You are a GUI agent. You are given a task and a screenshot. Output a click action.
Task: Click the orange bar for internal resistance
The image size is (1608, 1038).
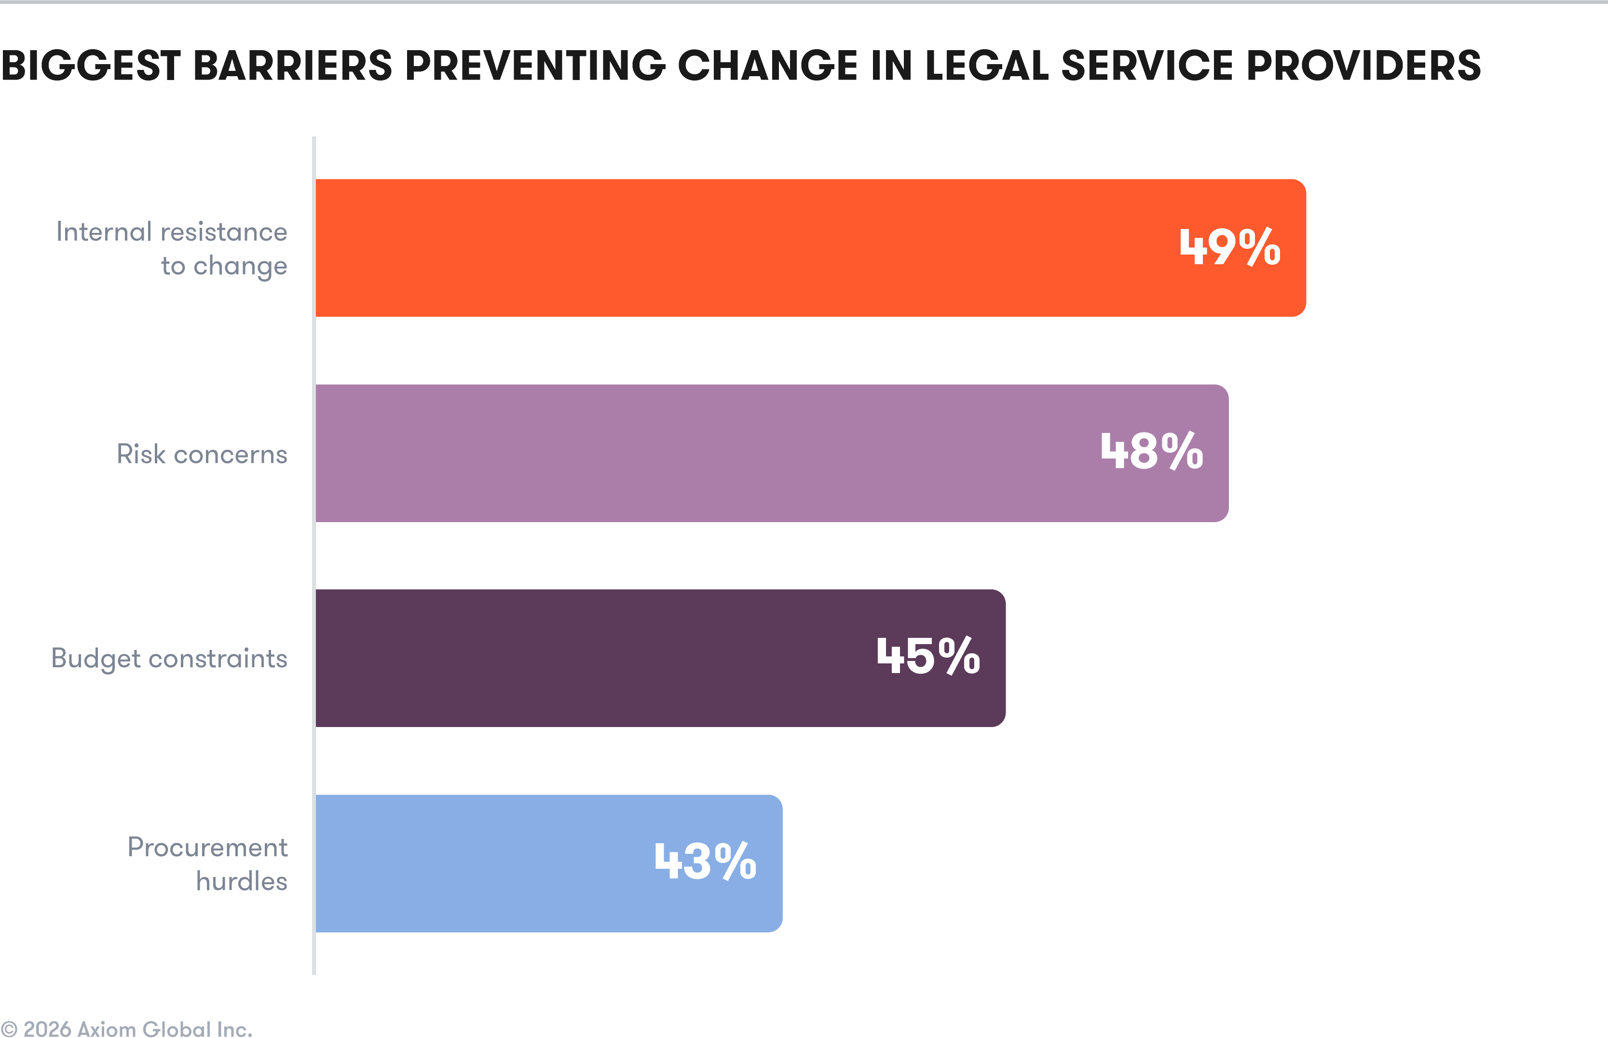tap(742, 247)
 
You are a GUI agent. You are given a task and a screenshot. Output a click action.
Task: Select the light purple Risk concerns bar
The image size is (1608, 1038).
tap(708, 453)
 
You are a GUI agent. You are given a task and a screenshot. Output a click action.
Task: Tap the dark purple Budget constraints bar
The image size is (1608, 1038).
tap(593, 658)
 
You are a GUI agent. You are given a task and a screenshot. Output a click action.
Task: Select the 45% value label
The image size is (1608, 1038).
tap(928, 657)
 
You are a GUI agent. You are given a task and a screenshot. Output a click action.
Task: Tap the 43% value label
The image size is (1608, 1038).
tap(705, 862)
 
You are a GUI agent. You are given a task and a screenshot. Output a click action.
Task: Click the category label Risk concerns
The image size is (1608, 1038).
tap(202, 454)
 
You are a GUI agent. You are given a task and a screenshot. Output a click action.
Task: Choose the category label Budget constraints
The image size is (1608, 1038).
tap(169, 659)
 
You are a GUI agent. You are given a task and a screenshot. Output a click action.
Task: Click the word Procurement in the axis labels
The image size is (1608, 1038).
tap(207, 847)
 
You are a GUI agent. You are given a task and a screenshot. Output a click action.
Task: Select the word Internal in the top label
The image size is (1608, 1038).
tap(104, 232)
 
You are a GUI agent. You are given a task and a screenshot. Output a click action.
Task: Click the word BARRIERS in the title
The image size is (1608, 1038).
tap(293, 66)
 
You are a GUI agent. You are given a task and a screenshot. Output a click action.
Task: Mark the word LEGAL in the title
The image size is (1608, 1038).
tap(986, 66)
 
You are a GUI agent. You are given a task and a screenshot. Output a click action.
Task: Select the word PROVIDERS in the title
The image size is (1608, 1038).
tap(1363, 66)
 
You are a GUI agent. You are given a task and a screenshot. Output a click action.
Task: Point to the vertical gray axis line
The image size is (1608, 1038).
tap(313, 553)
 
